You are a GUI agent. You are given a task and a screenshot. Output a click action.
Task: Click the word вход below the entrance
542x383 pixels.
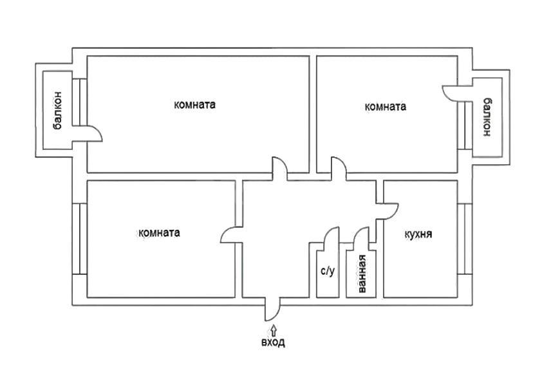273,342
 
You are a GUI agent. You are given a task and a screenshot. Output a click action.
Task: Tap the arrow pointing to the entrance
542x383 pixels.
274,330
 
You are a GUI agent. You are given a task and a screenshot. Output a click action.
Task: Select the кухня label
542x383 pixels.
418,234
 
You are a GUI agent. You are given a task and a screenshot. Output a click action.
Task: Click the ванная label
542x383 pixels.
362,274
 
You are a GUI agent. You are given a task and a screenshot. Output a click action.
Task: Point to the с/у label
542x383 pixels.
328,270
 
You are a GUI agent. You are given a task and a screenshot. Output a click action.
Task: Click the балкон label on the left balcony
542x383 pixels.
58,110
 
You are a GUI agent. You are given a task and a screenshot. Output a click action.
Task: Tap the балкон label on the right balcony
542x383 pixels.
486,117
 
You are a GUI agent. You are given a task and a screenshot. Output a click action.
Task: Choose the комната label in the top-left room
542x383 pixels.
194,104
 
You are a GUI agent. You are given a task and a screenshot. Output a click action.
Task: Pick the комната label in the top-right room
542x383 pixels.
386,106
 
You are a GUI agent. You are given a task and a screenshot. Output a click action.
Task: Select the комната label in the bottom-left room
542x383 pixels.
159,232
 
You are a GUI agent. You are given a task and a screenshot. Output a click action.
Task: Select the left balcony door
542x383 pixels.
87,133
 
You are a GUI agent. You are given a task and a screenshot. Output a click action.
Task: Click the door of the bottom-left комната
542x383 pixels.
232,235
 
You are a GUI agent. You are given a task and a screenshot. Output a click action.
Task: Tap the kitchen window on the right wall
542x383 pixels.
465,239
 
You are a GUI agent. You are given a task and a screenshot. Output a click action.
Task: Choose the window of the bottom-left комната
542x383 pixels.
79,239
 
